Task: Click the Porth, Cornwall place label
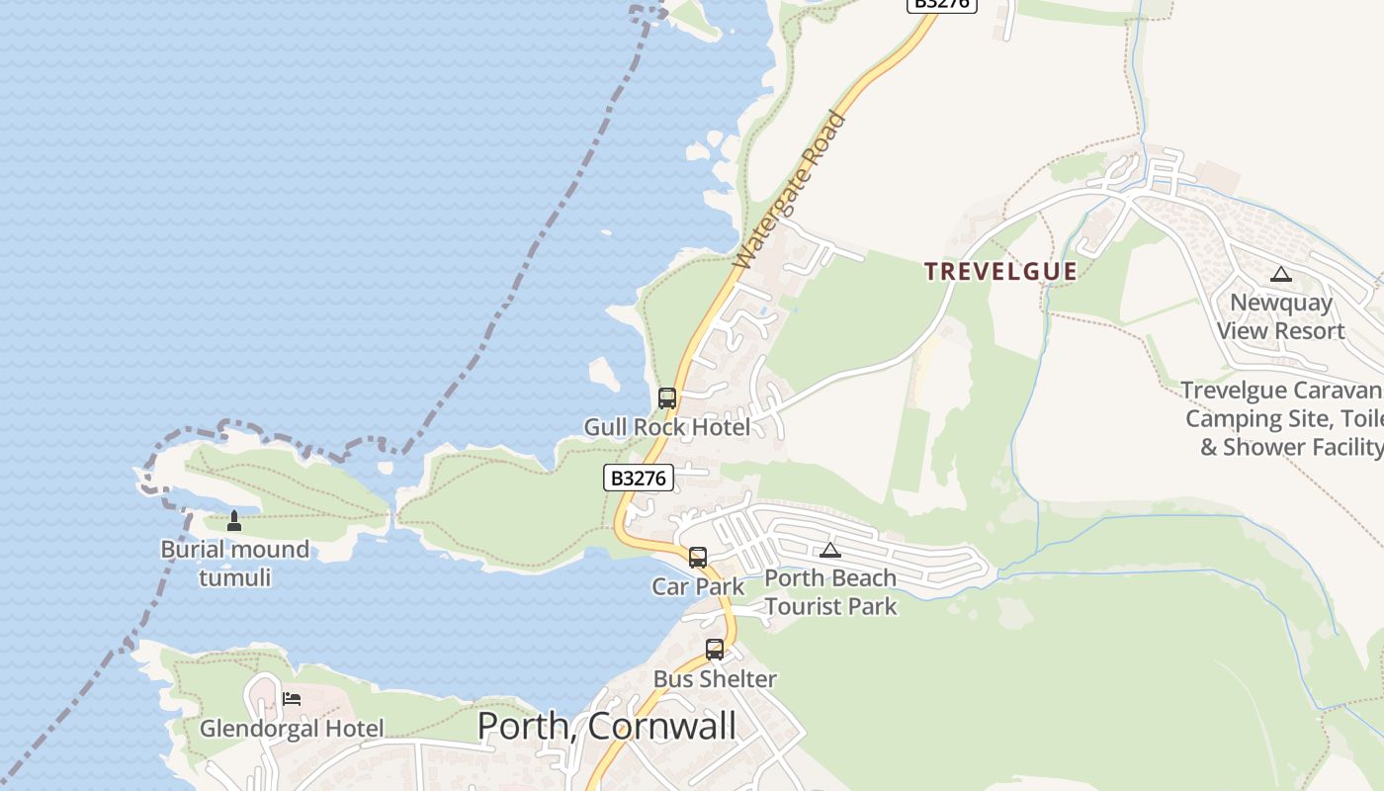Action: [606, 726]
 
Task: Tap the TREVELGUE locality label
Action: [1000, 272]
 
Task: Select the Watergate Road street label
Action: [791, 191]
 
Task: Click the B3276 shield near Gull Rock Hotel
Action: [639, 479]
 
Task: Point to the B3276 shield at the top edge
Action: [941, 4]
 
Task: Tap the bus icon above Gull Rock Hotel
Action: [667, 398]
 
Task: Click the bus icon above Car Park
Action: [698, 557]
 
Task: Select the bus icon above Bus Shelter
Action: [715, 650]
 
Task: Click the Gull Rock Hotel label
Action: [667, 427]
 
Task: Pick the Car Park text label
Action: [698, 586]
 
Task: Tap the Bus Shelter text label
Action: [715, 679]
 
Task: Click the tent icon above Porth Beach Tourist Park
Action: [830, 550]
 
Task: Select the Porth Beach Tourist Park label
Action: [830, 592]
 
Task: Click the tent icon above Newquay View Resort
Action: [1281, 274]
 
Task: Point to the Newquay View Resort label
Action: [1281, 316]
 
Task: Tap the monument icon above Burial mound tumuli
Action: [234, 520]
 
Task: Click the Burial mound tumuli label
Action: [234, 563]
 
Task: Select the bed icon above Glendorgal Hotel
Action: [292, 699]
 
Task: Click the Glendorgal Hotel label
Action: [292, 729]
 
